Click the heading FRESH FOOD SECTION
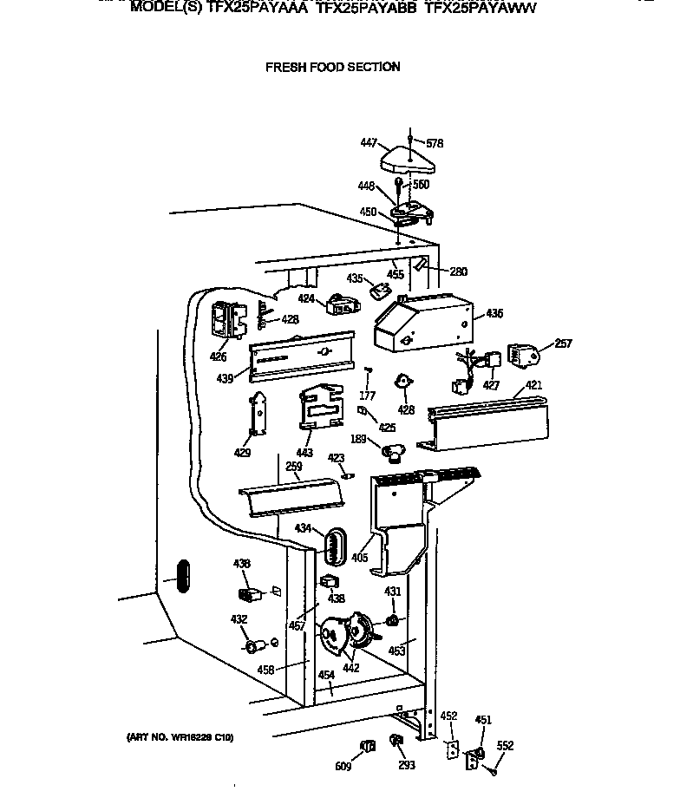333,67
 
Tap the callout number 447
368,141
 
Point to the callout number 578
435,143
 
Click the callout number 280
458,271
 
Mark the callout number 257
563,344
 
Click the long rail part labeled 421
490,422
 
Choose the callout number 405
359,558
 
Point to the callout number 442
350,668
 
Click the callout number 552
505,745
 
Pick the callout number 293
407,765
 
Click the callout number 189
358,439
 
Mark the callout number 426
218,356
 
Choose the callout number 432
239,619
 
